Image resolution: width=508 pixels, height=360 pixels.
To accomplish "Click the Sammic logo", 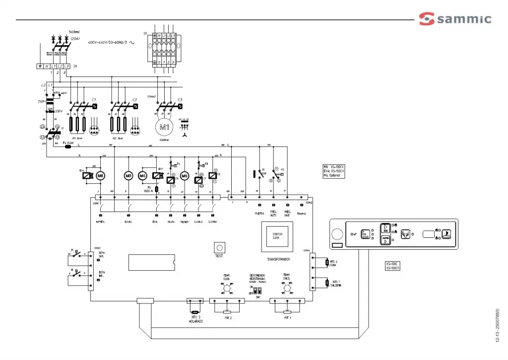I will (x=455, y=19).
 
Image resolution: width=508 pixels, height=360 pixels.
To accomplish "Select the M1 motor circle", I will (x=164, y=127).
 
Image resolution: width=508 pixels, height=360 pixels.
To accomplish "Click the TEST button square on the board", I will (x=219, y=247).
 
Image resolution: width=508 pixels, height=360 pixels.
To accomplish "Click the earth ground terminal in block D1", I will (x=39, y=66).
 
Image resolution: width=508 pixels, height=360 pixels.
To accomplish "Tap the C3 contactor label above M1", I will (x=180, y=100).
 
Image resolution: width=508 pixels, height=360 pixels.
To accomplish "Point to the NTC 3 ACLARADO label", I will (x=195, y=319).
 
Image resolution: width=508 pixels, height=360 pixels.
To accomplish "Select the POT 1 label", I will (x=287, y=317).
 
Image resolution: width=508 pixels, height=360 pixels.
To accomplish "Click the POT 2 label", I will (x=228, y=317).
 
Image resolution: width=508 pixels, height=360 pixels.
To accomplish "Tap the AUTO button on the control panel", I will (x=385, y=240).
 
